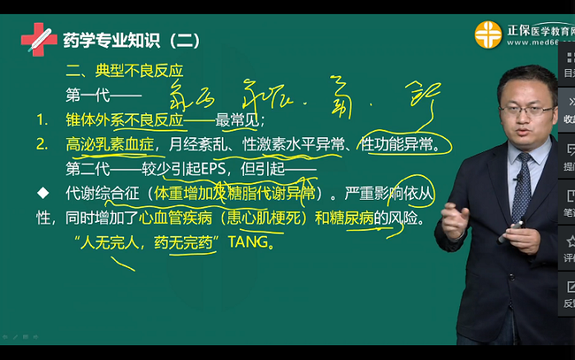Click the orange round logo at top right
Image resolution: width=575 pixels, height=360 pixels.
[x=487, y=35]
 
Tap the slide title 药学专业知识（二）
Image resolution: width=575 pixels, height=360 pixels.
[x=131, y=39]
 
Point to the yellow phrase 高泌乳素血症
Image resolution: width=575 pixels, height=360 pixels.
[x=111, y=145]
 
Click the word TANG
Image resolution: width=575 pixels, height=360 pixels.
[x=246, y=243]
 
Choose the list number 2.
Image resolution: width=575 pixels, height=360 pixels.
[x=42, y=145]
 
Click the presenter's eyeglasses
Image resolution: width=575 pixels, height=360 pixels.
[x=527, y=108]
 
